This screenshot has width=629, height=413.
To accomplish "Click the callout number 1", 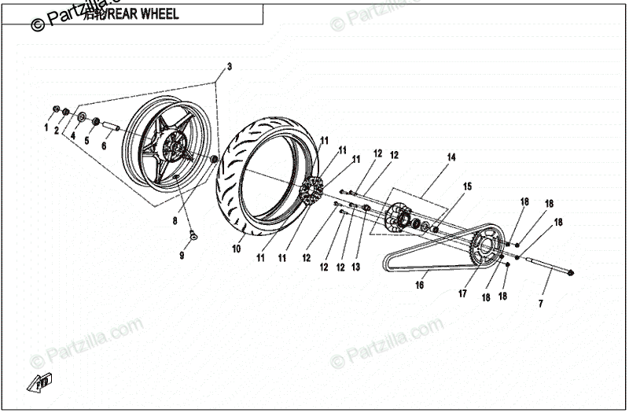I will (x=46, y=127).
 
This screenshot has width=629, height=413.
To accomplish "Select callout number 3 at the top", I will (x=230, y=66).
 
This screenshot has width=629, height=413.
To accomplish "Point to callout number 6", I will (x=104, y=146).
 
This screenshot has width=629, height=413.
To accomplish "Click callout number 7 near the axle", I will (x=541, y=303).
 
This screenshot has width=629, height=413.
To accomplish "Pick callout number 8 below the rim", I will (x=175, y=222).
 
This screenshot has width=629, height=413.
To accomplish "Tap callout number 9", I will (x=182, y=256).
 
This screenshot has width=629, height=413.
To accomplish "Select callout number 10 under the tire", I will (x=236, y=249).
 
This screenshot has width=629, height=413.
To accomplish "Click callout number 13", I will (x=355, y=267).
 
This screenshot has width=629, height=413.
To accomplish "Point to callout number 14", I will (x=451, y=157).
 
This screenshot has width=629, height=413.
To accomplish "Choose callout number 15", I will (x=467, y=186).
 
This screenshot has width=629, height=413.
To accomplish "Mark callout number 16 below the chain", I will (x=420, y=286).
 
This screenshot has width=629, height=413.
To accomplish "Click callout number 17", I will (x=462, y=294).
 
